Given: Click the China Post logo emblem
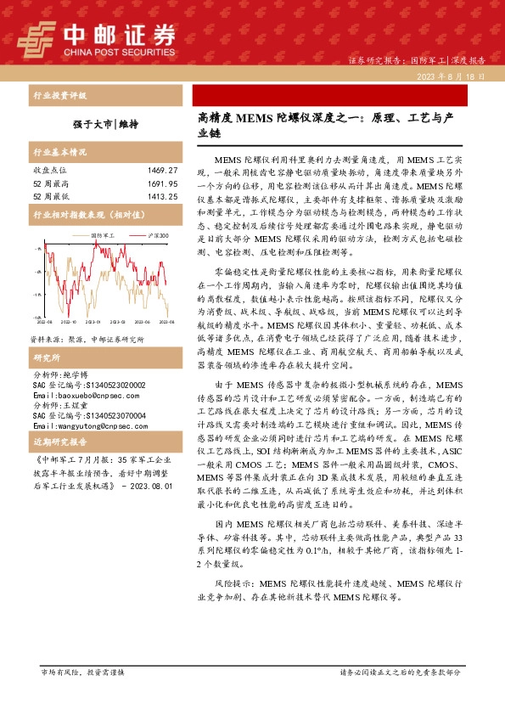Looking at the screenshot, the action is pos(38,39).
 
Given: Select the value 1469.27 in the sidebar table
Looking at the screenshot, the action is pos(161,171).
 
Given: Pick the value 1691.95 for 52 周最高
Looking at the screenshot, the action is pos(161,183).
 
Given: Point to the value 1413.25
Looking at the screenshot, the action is pos(161,196).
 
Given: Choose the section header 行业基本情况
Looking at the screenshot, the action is pos(59,153).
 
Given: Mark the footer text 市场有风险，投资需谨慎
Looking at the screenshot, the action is pos(82,672).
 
